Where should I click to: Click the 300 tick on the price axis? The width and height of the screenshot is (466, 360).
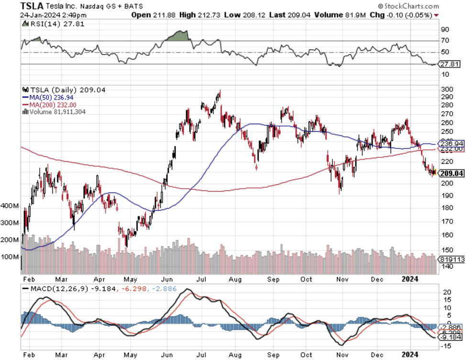[x=446, y=90]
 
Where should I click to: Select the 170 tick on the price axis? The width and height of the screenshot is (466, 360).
[x=446, y=222]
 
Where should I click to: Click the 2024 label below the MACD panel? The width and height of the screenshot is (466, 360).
[x=410, y=355]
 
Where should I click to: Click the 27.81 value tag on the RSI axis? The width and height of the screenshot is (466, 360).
[x=450, y=64]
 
